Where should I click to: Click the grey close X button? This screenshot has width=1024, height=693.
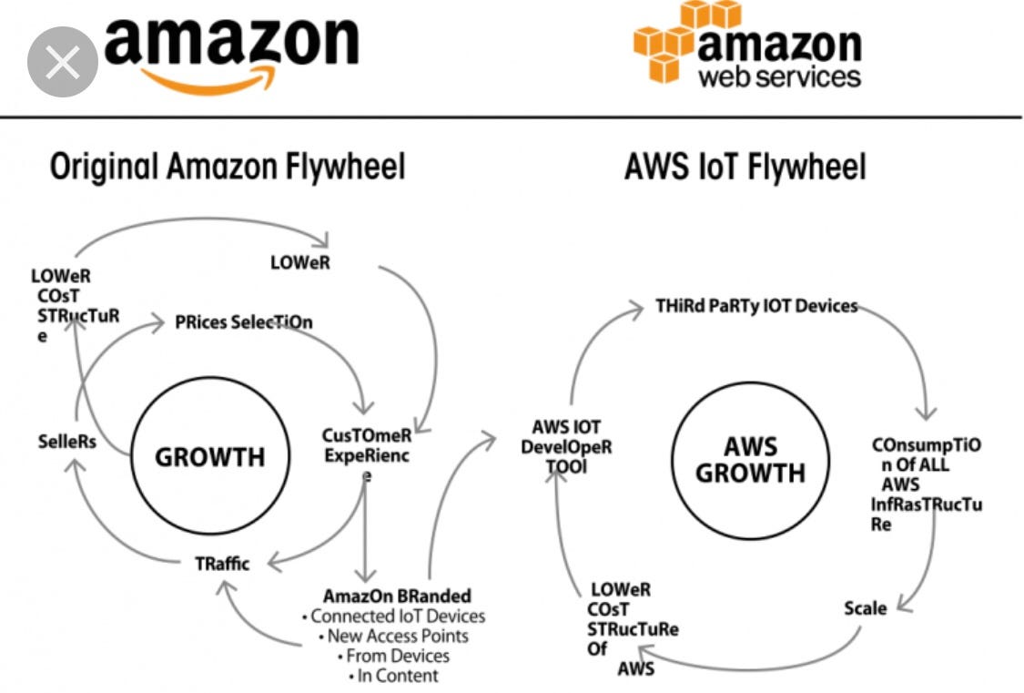point(62,62)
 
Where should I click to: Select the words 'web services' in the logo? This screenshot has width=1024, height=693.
point(778,75)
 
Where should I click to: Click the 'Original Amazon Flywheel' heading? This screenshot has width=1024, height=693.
point(228,168)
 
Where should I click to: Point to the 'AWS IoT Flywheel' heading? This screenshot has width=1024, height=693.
point(745,168)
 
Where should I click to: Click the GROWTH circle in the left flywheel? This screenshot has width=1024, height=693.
point(210,456)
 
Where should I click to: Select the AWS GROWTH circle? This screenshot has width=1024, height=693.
point(751,460)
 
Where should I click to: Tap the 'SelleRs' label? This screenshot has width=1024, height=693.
point(67,441)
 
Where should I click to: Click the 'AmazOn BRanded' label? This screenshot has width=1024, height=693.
point(397,596)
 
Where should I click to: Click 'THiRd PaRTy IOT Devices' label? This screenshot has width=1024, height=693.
point(756,306)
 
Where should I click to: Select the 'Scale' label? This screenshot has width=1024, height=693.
point(865,608)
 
